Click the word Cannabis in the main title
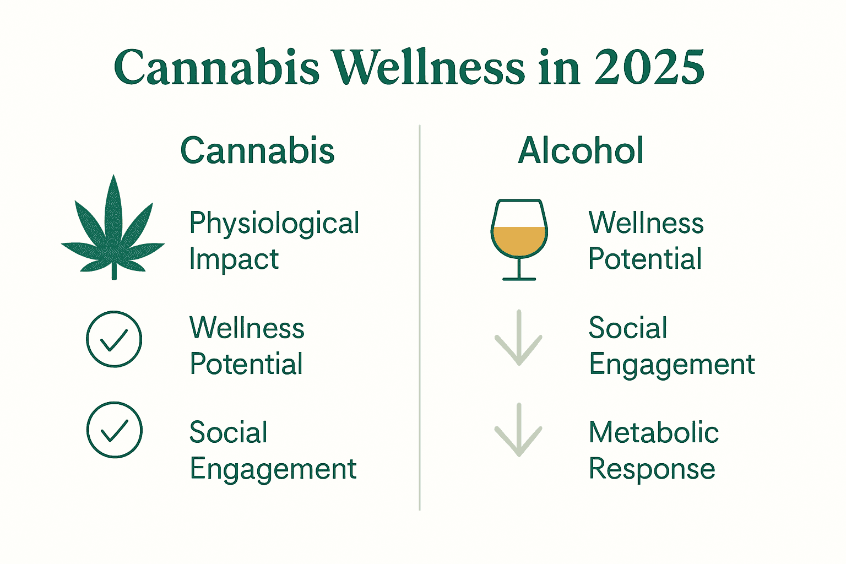[216, 68]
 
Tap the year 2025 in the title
[649, 68]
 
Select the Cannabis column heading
[257, 150]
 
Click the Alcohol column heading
[581, 150]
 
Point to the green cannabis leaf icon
[113, 231]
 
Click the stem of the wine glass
[519, 268]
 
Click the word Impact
[234, 259]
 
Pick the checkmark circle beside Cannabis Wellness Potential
[114, 339]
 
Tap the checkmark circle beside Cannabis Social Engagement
[114, 430]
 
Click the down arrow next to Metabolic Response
[519, 430]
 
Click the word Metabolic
[653, 432]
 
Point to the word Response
[652, 469]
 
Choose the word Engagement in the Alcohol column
[671, 365]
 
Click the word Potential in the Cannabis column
[246, 364]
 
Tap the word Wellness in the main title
[429, 68]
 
